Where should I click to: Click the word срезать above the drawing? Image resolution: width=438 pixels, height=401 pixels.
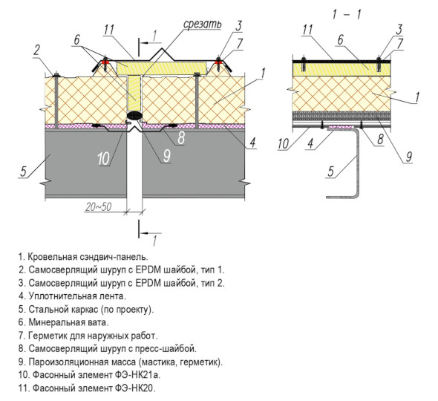202,25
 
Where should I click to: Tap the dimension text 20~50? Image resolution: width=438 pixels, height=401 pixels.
99,206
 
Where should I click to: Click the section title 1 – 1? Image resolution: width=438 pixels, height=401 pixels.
347,14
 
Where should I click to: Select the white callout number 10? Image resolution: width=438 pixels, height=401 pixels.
104,159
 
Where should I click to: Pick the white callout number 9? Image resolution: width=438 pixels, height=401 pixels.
166,156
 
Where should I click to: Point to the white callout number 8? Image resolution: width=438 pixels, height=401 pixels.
181,138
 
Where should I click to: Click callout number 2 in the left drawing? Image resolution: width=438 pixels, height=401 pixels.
36,50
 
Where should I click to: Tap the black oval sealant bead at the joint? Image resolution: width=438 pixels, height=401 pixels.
135,115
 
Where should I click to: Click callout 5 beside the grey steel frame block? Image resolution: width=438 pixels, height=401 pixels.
23,171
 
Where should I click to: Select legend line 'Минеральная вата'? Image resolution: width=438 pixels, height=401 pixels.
64,322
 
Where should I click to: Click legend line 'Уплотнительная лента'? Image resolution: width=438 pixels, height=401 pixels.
72,296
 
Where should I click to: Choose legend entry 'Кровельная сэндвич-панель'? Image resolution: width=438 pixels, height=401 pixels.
83,256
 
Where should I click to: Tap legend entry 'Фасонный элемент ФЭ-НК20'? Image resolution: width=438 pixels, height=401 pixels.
87,388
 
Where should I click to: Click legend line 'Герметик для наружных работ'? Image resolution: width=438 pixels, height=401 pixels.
88,336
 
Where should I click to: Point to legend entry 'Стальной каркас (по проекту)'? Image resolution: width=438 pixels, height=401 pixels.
86,309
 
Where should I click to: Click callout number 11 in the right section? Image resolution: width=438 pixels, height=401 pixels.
307,30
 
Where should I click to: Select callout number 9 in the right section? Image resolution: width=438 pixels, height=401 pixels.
408,157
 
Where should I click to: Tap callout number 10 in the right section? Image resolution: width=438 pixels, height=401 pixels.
284,143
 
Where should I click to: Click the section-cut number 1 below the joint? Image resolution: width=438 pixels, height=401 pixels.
154,241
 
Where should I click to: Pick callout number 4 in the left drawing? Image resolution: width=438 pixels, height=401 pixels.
252,143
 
